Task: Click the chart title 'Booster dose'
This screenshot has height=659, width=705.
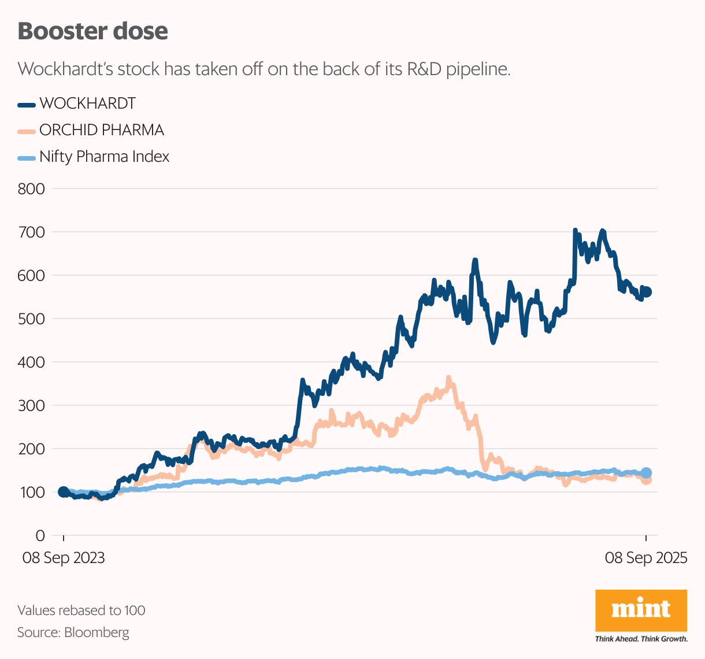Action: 92,31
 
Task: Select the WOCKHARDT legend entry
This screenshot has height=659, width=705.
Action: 87,103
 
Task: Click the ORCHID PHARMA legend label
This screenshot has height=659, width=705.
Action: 102,130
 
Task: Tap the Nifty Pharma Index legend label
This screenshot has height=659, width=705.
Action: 104,157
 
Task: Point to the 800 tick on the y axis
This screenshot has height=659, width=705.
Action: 31,188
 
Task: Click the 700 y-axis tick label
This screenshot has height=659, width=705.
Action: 31,232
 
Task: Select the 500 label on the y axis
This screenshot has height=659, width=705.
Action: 31,319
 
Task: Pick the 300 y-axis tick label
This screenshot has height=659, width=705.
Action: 31,405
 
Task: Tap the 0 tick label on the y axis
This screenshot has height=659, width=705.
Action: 39,535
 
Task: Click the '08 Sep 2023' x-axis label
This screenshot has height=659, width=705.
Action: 64,558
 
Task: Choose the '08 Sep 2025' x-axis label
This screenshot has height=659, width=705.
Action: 646,558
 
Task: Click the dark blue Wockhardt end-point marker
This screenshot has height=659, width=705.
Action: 647,292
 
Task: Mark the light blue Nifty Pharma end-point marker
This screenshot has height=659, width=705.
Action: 647,473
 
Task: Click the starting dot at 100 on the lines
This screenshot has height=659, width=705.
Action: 64,492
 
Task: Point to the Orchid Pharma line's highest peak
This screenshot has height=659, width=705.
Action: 449,379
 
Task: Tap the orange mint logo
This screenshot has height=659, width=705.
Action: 641,610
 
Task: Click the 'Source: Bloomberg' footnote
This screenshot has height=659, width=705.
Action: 73,632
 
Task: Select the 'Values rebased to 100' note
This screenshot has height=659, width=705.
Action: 81,610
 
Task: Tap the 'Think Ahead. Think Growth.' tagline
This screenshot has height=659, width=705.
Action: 641,639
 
